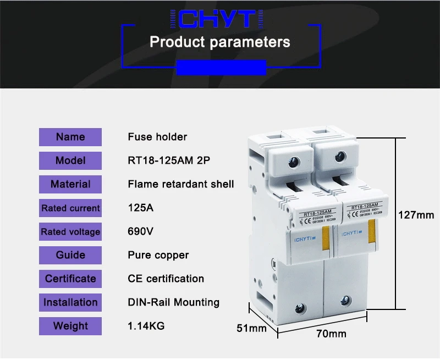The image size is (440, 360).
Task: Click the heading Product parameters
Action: pos(220,42)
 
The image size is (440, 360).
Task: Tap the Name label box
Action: pos(70,137)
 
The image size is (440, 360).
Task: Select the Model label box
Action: pos(70,160)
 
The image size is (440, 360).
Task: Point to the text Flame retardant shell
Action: pos(181,184)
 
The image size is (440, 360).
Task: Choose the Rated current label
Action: pos(70,208)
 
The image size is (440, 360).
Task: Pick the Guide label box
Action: pos(70,255)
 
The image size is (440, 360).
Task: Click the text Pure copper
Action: pos(158,255)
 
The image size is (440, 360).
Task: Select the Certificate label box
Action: pos(70,279)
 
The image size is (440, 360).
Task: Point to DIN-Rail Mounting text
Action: pos(174,302)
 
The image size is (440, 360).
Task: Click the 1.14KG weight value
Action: pos(146,326)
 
